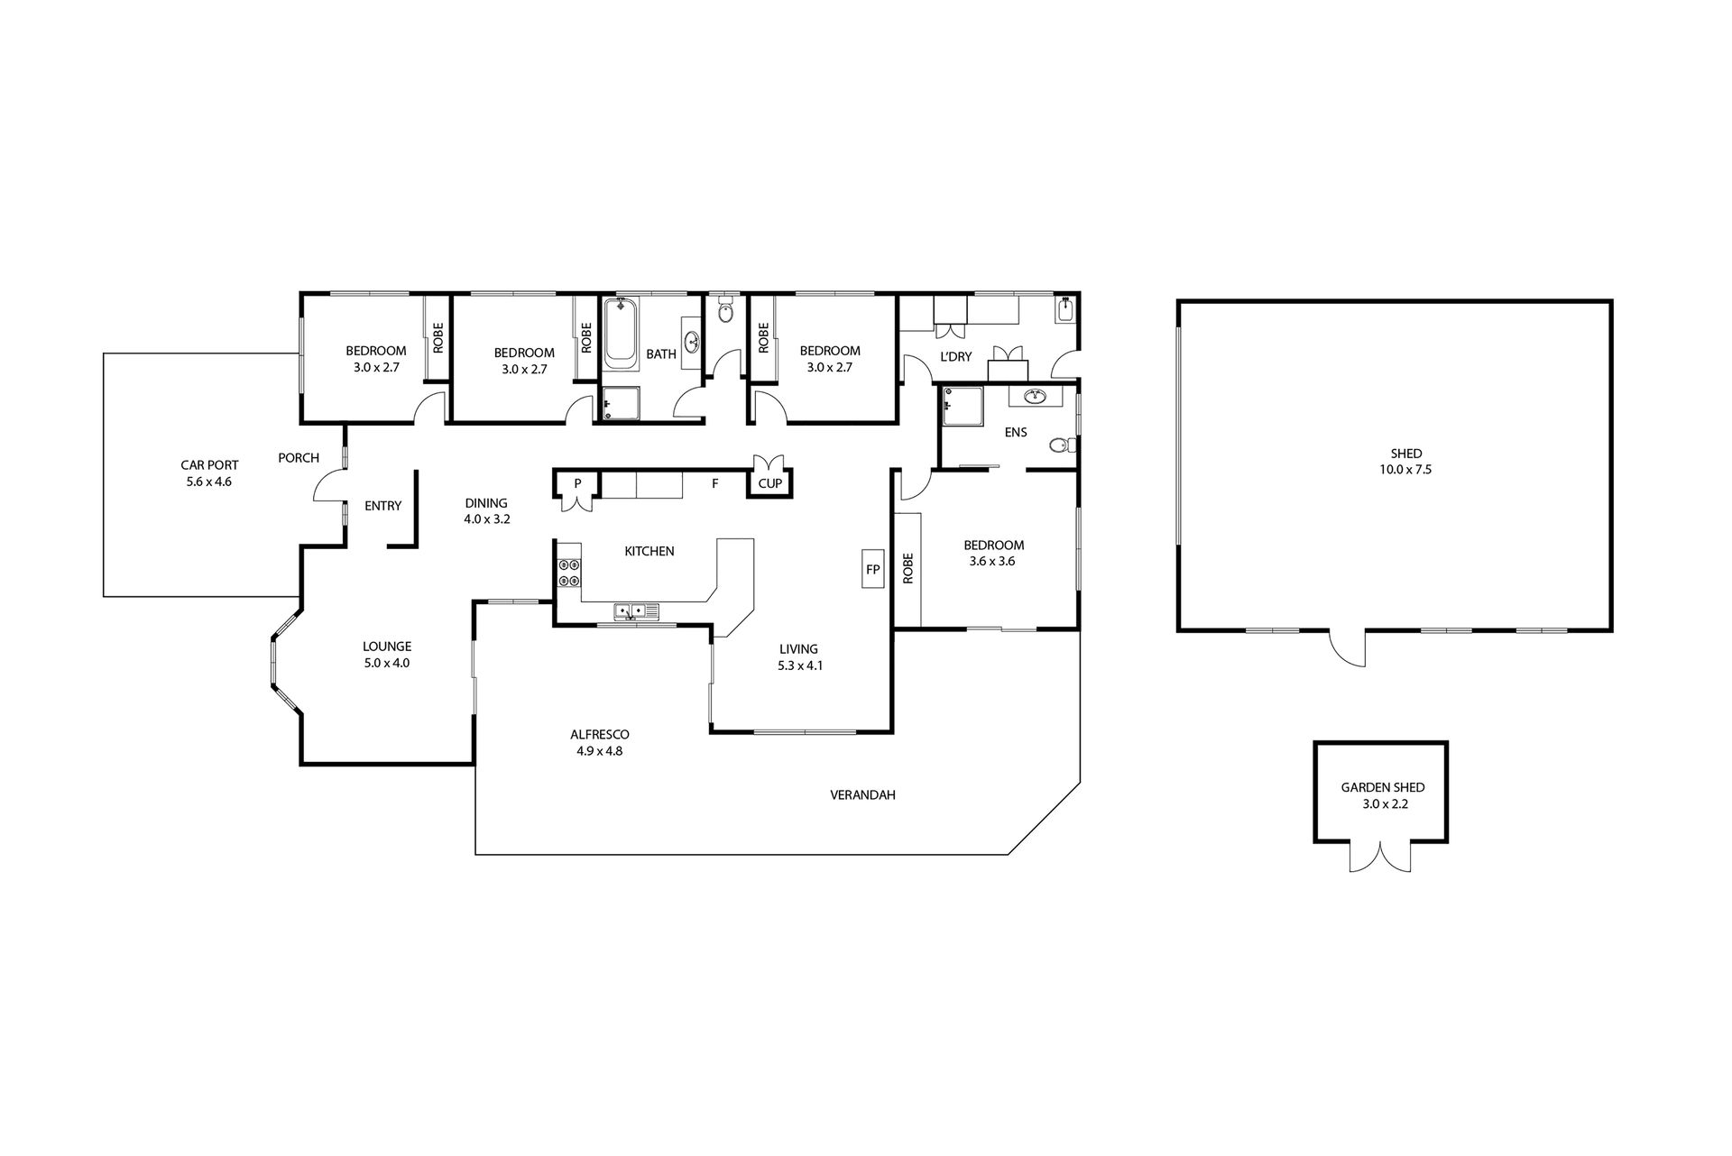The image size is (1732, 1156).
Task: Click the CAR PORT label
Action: pos(209,465)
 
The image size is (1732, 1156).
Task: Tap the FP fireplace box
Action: pos(872,569)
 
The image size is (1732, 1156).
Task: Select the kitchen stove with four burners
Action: pos(569,573)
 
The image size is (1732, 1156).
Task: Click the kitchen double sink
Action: pos(637,611)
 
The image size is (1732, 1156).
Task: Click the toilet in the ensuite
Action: pos(1063,445)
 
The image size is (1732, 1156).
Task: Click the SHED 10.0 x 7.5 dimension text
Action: pos(1406,470)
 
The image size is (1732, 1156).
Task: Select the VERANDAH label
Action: pos(862,795)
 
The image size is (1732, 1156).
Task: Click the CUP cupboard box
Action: pos(769,483)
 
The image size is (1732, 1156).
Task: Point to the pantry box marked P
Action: pos(576,484)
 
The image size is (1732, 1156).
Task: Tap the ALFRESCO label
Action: pos(599,734)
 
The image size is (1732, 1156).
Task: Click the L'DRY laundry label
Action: pos(956,356)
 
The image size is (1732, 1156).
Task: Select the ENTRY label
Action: pos(382,506)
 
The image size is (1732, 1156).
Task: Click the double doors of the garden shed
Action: pos(1380,858)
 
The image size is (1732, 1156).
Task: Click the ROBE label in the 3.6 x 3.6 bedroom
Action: pos(907,568)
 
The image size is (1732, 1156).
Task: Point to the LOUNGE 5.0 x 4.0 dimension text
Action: pos(387,663)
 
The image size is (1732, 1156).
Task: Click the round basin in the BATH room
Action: pos(693,342)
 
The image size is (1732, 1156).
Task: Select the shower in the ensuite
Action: pos(960,406)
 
